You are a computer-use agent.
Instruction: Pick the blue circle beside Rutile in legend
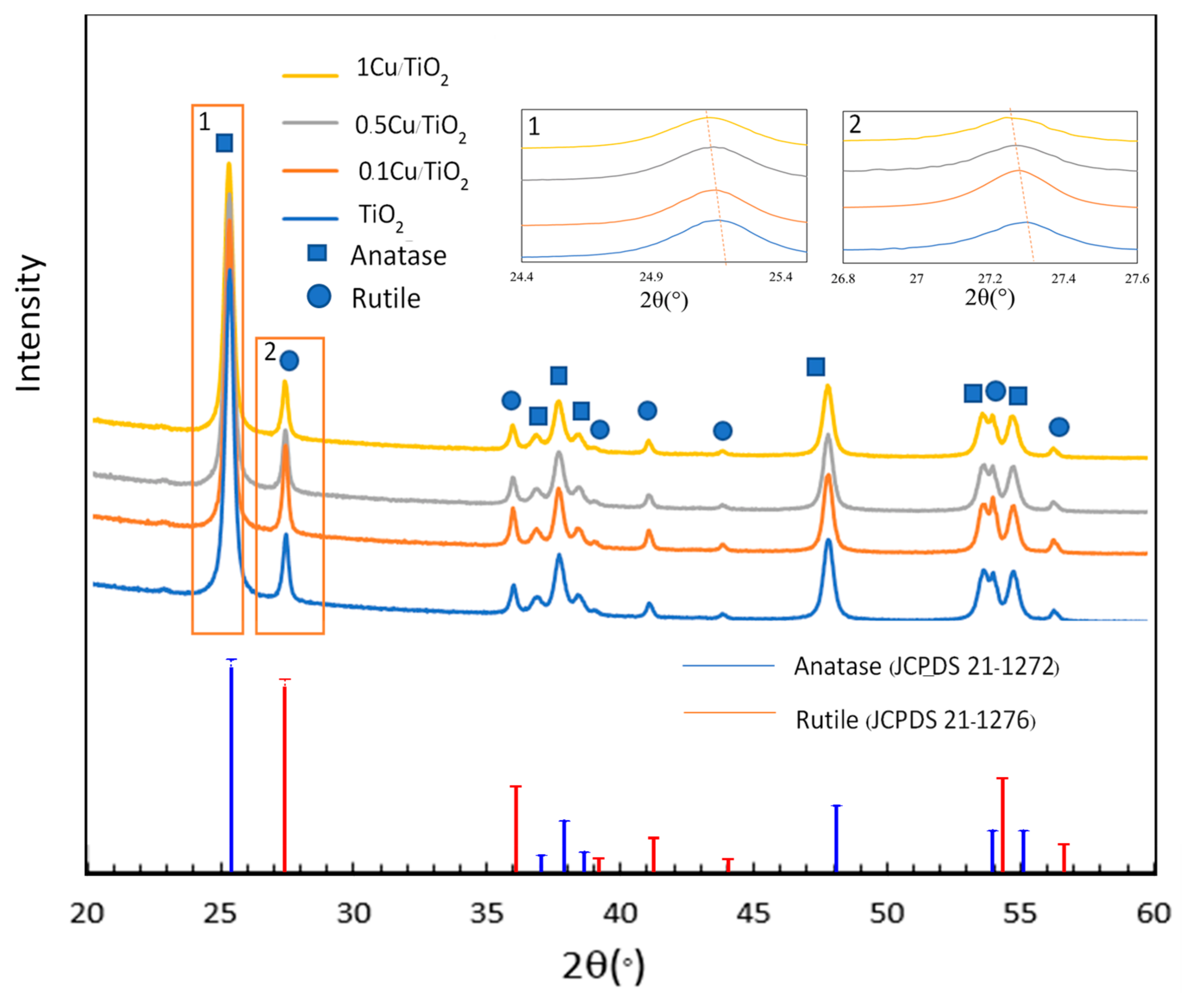coord(319,296)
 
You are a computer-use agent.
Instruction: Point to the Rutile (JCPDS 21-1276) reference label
coord(915,720)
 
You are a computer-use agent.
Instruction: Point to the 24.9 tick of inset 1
coord(651,277)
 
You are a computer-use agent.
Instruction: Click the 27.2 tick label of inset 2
coord(990,279)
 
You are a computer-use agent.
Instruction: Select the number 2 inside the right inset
coord(855,125)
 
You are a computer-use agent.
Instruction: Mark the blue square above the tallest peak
coord(224,143)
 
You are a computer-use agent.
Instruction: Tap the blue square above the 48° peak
coord(815,367)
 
